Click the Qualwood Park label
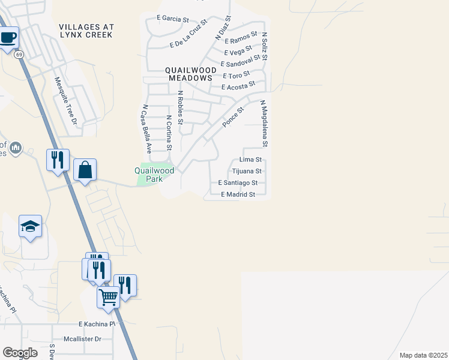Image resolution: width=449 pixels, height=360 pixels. point(154,175)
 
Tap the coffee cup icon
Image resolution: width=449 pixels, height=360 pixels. point(8,38)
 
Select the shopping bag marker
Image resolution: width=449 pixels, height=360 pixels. point(85,170)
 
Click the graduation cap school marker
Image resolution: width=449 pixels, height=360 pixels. point(30,227)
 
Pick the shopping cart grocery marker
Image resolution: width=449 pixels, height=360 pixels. point(108,297)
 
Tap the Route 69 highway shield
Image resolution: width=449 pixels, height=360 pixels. point(20,54)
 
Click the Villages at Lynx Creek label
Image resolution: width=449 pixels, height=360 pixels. point(86,31)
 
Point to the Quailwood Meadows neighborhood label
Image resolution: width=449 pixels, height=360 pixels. point(190,74)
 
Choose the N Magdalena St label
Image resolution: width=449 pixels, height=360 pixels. point(264,124)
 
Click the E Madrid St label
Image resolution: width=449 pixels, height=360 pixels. point(238,194)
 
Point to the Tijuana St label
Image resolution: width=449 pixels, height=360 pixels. point(247,171)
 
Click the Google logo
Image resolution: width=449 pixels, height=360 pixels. point(20,353)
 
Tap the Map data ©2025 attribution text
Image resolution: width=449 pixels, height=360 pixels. point(423,355)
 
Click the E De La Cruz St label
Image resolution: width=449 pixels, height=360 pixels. point(188,34)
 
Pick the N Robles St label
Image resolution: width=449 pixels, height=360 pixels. point(180,107)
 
